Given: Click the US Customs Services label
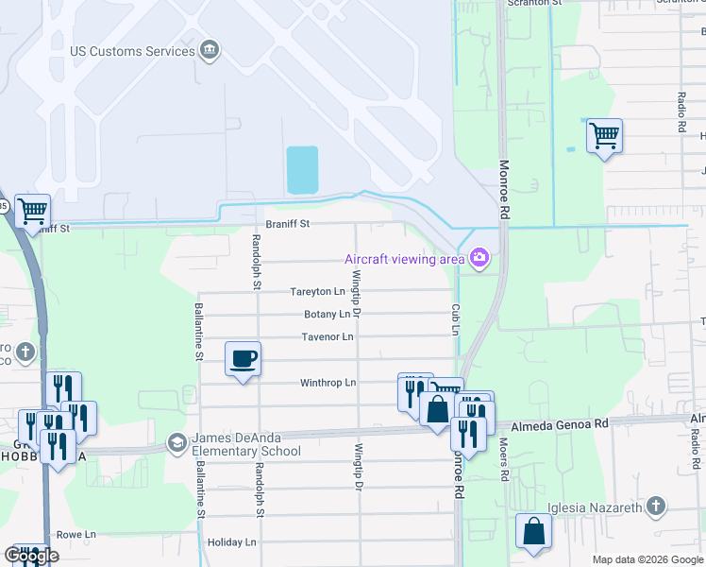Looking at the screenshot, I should (133, 51).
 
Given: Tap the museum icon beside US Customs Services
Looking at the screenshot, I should (210, 50).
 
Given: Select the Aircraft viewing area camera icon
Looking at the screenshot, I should (479, 257).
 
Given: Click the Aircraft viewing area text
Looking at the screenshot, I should (404, 259).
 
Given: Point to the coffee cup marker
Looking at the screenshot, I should (244, 359).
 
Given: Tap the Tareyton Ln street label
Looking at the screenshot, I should (316, 292).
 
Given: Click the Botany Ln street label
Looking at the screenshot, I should (327, 314).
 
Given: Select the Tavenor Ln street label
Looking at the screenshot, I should (328, 336).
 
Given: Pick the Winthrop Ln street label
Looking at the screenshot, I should (328, 383).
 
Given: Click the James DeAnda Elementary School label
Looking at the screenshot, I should (246, 443).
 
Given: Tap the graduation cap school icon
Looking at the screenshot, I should (177, 442).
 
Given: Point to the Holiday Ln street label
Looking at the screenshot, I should (231, 542).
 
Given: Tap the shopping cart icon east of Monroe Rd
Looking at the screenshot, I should (604, 135).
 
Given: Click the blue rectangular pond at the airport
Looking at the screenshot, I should (302, 169).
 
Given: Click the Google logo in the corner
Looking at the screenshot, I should (31, 556).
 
